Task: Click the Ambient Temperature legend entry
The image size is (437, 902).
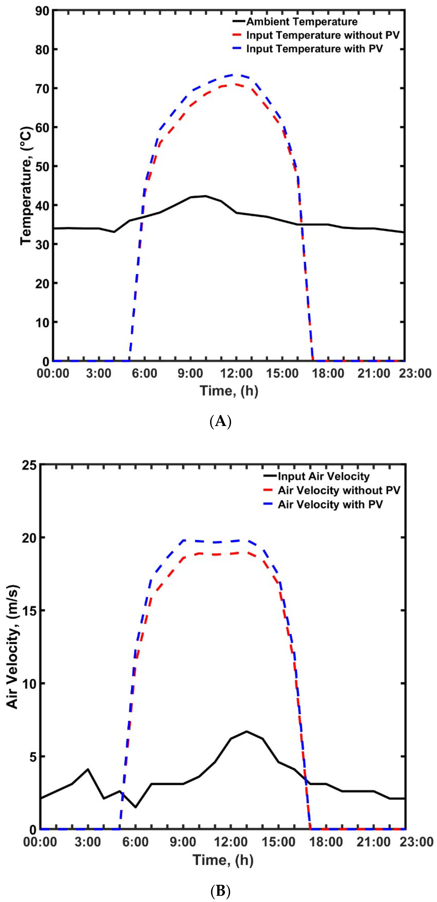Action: tap(301, 22)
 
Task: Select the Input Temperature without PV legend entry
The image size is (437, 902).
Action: tap(322, 35)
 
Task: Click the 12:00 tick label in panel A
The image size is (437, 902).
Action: tap(236, 373)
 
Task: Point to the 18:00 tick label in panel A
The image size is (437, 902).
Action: tap(328, 373)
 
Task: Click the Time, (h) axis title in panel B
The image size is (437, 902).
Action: tap(223, 860)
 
